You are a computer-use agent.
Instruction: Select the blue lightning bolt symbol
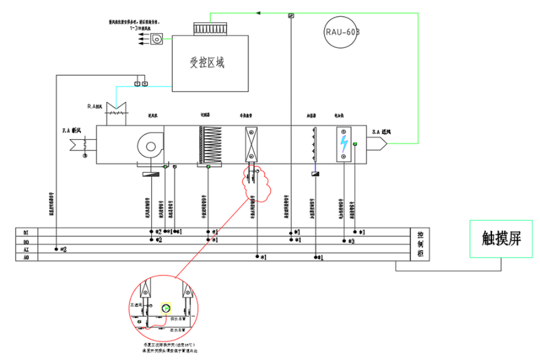tap(344, 144)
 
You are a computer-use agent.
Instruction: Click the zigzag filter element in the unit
tap(208, 143)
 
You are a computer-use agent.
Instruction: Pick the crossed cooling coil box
tap(251, 144)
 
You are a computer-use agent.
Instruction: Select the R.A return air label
tap(94, 106)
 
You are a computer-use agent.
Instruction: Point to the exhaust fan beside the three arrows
tap(157, 39)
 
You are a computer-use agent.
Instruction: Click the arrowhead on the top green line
tap(262, 11)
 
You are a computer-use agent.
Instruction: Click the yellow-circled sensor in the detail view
tap(165, 309)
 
